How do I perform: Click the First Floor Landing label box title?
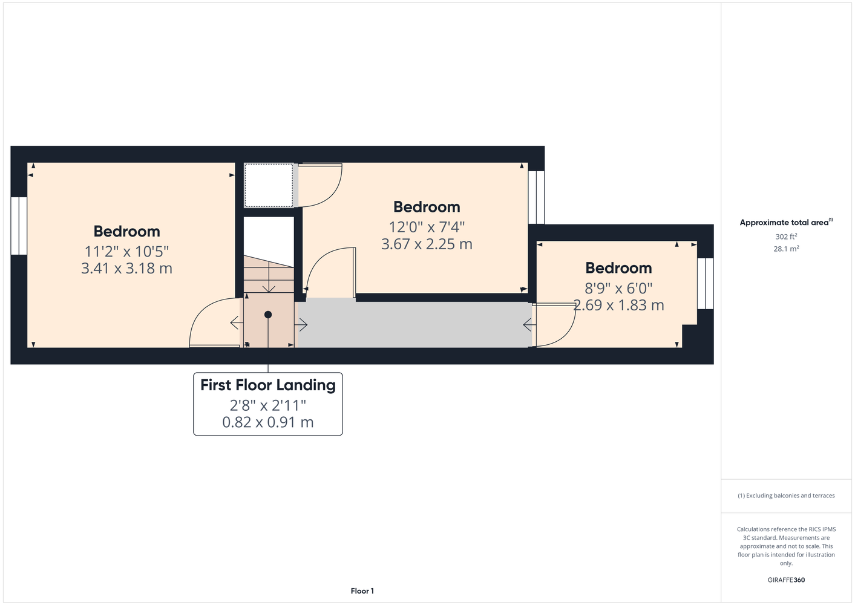tap(268, 385)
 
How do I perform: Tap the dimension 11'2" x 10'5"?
tap(126, 252)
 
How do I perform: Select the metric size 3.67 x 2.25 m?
tap(427, 244)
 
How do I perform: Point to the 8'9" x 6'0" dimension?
tap(618, 288)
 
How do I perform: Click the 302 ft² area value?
tap(786, 237)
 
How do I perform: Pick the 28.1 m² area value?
tap(786, 249)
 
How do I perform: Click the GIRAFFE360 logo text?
tap(786, 580)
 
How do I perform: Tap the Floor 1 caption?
tap(362, 591)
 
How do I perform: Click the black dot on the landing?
tap(268, 315)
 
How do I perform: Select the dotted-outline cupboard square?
tap(269, 186)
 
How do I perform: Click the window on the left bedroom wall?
tap(19, 226)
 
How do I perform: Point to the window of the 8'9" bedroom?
tap(706, 284)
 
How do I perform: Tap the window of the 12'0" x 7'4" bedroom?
tap(536, 197)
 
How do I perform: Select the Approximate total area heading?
tap(786, 222)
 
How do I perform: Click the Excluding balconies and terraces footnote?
tap(786, 495)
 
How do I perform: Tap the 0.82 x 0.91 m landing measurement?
tap(268, 422)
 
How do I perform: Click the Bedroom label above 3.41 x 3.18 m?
tap(126, 231)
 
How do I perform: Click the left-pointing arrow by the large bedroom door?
tap(237, 323)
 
